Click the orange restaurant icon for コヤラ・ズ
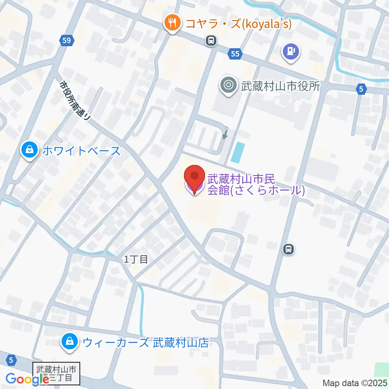[173, 23]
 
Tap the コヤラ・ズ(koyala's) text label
[238, 24]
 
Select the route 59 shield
[67, 40]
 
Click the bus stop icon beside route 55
[211, 40]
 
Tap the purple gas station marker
[291, 51]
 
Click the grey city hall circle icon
[228, 85]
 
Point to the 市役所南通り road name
[75, 100]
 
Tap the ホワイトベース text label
[81, 151]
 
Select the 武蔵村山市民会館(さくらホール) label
[255, 184]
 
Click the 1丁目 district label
[136, 260]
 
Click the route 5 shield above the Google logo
[11, 359]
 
